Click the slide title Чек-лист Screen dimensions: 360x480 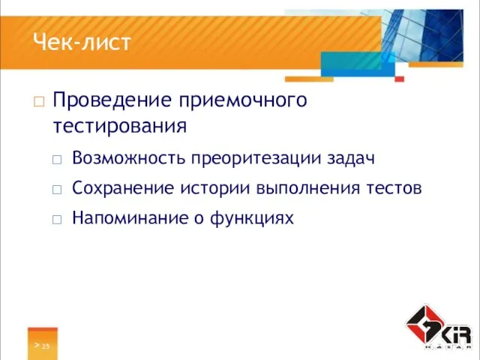[82, 43]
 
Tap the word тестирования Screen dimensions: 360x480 [120, 126]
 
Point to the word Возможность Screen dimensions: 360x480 [128, 158]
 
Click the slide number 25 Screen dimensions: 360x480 [46, 346]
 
